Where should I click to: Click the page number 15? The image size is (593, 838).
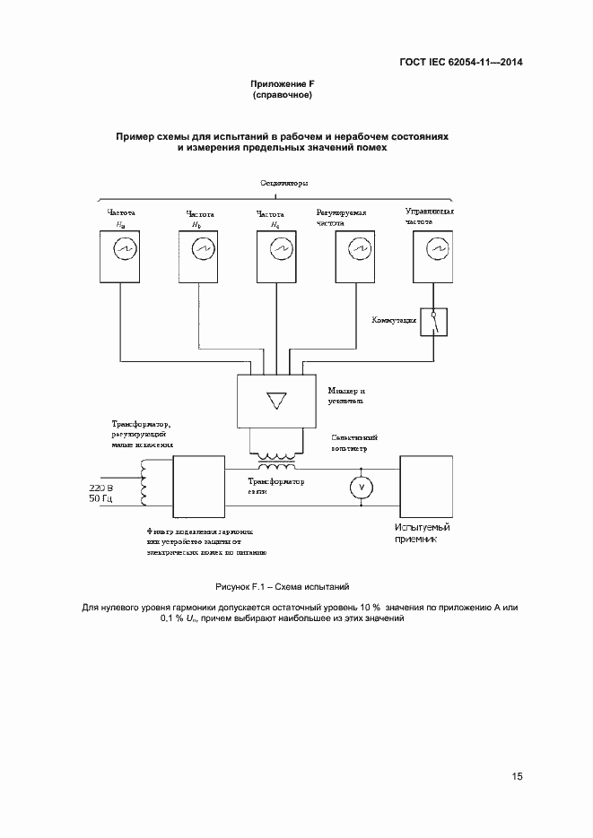tap(518, 776)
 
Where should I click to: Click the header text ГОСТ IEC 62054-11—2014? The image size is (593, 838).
tap(461, 63)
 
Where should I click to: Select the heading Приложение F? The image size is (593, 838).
tap(283, 83)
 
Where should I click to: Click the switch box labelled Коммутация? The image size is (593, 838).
tap(436, 322)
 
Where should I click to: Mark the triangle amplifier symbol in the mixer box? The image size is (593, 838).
tap(275, 401)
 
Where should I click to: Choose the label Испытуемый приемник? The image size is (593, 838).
tap(422, 534)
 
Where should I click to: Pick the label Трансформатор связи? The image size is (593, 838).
tap(275, 486)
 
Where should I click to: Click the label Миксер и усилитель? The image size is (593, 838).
tap(346, 396)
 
